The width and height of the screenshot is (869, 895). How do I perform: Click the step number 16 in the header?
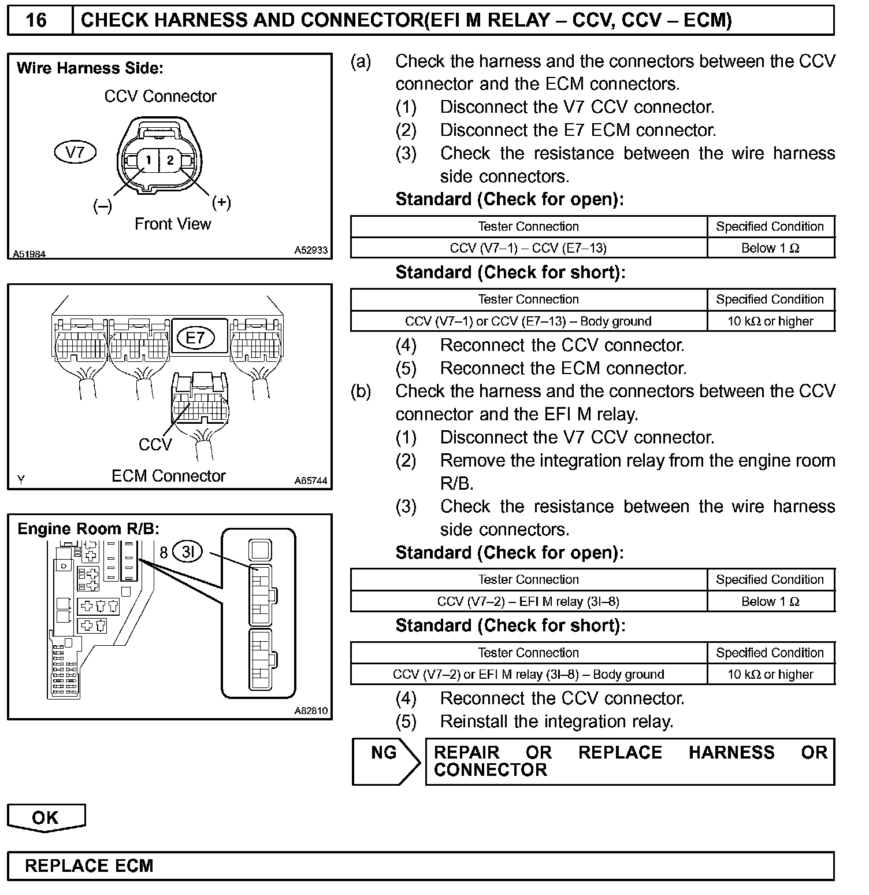point(36,20)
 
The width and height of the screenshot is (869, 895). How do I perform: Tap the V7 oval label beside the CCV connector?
point(75,153)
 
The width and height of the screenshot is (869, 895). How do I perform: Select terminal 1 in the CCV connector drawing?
point(148,160)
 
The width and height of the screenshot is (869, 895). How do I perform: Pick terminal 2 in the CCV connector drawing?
point(170,160)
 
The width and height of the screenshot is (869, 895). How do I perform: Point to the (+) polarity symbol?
point(221,202)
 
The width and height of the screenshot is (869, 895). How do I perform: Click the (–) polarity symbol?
point(102,206)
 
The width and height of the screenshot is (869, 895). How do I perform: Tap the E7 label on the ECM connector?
point(195,338)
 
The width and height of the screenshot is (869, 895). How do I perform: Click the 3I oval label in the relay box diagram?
point(188,552)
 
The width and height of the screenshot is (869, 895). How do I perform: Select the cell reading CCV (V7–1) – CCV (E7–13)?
point(528,248)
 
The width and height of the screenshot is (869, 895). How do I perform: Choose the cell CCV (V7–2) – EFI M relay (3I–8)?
point(528,601)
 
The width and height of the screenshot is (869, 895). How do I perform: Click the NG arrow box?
point(385,761)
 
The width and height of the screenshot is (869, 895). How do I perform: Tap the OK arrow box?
point(46,817)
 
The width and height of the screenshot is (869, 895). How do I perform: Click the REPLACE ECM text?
point(89,866)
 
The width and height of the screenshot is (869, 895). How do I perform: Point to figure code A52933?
point(310,250)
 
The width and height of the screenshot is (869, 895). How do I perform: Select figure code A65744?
point(310,480)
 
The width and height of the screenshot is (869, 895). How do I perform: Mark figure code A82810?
point(310,711)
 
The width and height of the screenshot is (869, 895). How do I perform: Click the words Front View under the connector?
point(173,224)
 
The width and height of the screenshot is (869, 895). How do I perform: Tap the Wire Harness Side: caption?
point(90,68)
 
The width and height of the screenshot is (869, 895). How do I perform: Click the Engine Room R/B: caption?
point(88,529)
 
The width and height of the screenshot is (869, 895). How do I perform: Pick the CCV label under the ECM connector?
point(155,445)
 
